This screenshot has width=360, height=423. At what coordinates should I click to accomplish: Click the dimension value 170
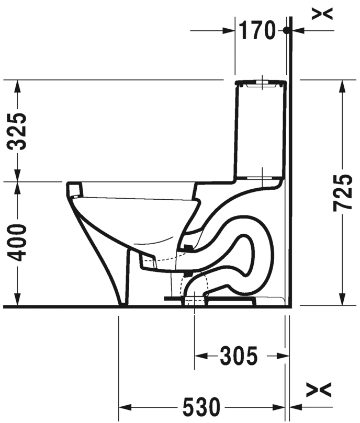click(x=257, y=31)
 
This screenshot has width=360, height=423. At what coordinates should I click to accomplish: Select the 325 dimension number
click(x=19, y=131)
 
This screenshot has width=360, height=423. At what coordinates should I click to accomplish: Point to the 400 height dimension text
click(x=19, y=243)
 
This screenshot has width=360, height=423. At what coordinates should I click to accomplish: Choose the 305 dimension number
click(x=238, y=357)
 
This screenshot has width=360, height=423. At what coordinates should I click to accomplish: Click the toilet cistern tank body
click(x=260, y=131)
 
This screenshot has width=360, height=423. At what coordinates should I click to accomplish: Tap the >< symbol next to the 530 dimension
click(x=319, y=389)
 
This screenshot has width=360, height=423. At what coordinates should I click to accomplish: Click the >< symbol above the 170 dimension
click(x=322, y=14)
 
